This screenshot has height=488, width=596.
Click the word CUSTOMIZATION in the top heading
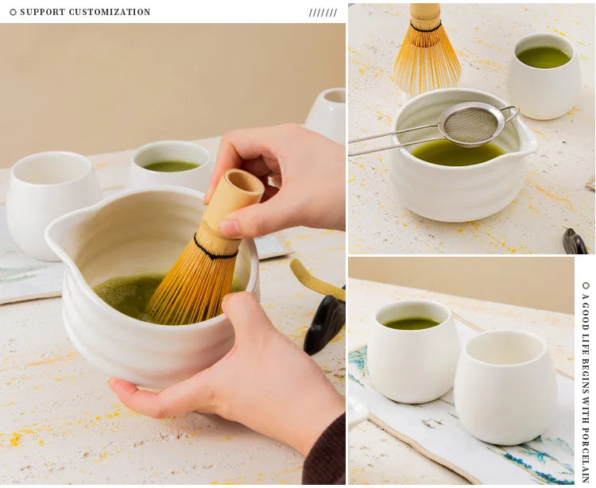click(110, 12)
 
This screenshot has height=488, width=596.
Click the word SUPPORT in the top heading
click(43, 12)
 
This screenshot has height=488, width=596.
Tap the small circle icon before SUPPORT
click(13, 12)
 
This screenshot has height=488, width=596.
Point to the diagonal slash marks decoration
click(323, 13)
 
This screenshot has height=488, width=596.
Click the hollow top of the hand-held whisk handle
click(245, 183)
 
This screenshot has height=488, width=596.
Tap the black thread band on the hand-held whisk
click(215, 250)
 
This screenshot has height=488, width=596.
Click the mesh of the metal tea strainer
click(471, 124)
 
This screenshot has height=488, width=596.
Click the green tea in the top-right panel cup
click(544, 57)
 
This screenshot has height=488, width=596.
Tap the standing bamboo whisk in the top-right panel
click(427, 49)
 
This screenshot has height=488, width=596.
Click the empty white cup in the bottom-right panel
click(505, 387)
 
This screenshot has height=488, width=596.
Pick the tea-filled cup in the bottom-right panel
click(413, 351)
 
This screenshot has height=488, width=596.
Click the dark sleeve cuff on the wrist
click(324, 452)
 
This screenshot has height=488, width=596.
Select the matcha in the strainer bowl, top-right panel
click(457, 153)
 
